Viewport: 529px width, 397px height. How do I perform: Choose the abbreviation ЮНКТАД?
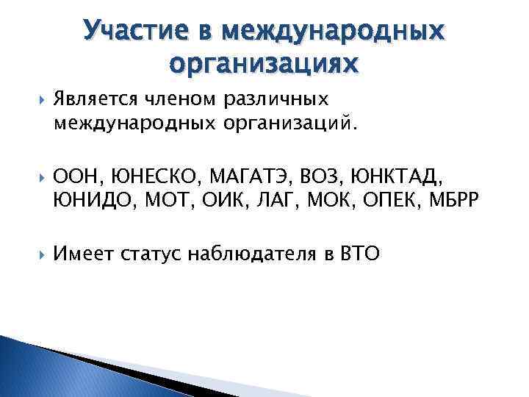tap(367, 176)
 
